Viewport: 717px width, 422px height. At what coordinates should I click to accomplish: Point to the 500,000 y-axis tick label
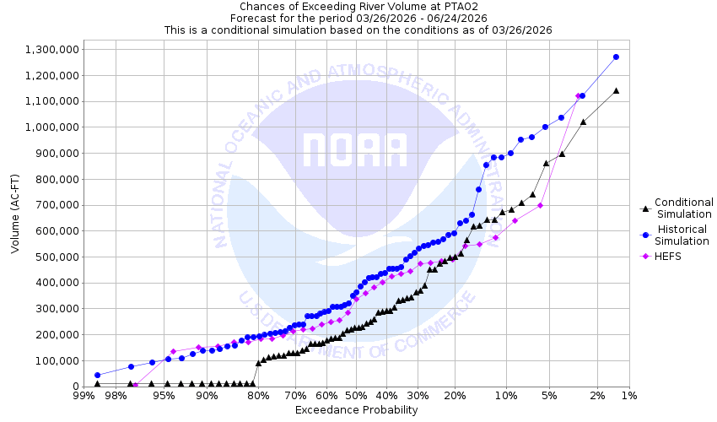click(53, 257)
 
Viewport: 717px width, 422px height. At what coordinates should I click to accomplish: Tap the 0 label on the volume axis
click(74, 387)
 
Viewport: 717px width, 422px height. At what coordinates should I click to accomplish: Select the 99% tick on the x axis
click(84, 396)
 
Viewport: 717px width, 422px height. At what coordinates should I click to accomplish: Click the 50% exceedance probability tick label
click(356, 396)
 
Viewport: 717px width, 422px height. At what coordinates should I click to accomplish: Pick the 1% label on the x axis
click(629, 396)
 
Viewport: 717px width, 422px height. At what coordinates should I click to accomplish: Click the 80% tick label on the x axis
click(258, 396)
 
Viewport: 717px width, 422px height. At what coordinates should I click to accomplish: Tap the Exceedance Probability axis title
click(356, 410)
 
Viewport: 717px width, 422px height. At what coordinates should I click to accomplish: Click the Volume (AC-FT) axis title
click(15, 218)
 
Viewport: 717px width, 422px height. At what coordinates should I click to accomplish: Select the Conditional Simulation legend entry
click(683, 208)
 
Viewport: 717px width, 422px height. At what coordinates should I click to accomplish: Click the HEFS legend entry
click(668, 257)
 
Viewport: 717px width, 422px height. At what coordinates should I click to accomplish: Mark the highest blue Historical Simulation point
click(616, 57)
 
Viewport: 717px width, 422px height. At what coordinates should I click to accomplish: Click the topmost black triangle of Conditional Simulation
click(616, 90)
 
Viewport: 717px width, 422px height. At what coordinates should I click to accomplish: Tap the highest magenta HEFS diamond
click(578, 96)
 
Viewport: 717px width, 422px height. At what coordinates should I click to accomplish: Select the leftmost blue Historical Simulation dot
click(97, 375)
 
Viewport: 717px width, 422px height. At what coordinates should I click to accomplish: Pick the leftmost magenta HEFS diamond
click(135, 385)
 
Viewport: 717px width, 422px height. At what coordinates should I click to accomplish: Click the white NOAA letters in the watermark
click(355, 149)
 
